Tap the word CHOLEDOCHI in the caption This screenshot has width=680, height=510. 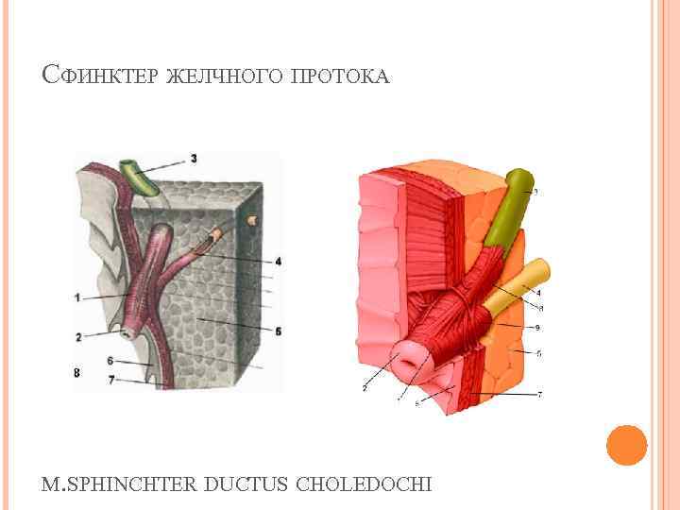pos(365,484)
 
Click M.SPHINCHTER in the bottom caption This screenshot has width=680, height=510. pos(117,484)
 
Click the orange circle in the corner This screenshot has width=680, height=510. pos(625,445)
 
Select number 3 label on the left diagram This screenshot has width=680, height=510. pos(194,158)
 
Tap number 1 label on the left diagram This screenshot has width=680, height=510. pos(76,298)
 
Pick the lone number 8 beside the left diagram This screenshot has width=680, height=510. pos(76,373)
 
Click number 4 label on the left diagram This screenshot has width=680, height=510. pos(278,261)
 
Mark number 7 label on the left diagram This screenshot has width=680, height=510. pos(110,380)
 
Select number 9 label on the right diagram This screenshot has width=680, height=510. pos(535,327)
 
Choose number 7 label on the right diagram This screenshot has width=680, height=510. pos(539,395)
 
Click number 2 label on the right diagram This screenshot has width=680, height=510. pos(363,387)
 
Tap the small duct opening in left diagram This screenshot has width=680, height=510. pos(125,331)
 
